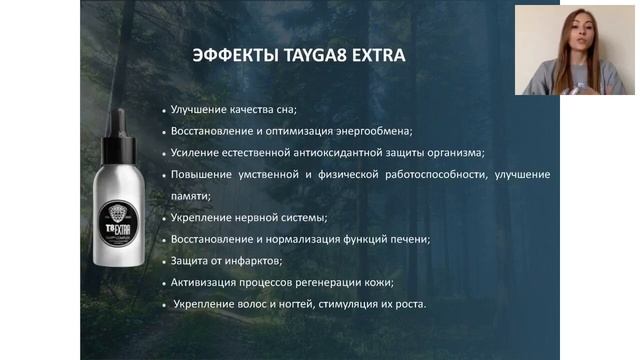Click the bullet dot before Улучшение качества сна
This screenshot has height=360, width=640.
point(163,110)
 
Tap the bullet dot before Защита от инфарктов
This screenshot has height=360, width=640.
point(163,262)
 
